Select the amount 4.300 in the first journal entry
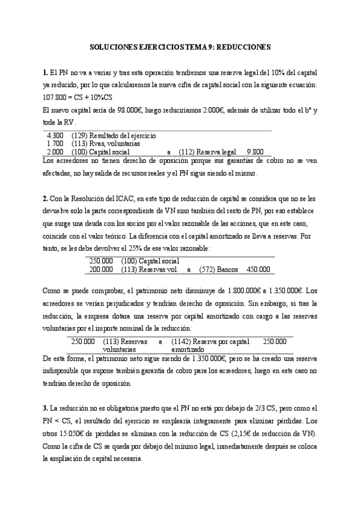(x=55, y=136)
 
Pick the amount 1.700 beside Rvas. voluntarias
(x=55, y=144)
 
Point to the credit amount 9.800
(x=256, y=153)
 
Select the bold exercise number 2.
(x=44, y=198)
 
